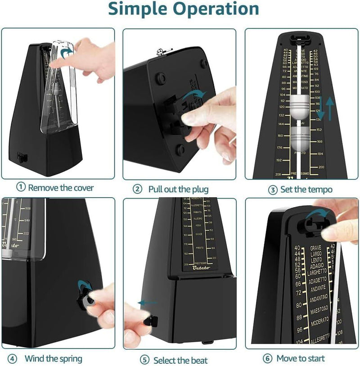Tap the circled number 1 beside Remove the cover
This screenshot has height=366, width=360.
pyautogui.click(x=21, y=187)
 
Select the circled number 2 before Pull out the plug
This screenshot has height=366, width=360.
pyautogui.click(x=138, y=189)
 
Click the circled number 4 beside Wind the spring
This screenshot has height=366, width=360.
pyautogui.click(x=13, y=359)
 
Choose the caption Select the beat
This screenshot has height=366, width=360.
pyautogui.click(x=180, y=360)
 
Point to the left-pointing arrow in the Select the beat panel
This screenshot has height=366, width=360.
pyautogui.click(x=148, y=303)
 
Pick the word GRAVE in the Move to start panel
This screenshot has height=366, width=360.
pyautogui.click(x=315, y=248)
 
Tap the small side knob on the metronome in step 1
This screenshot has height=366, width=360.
pyautogui.click(x=21, y=157)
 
